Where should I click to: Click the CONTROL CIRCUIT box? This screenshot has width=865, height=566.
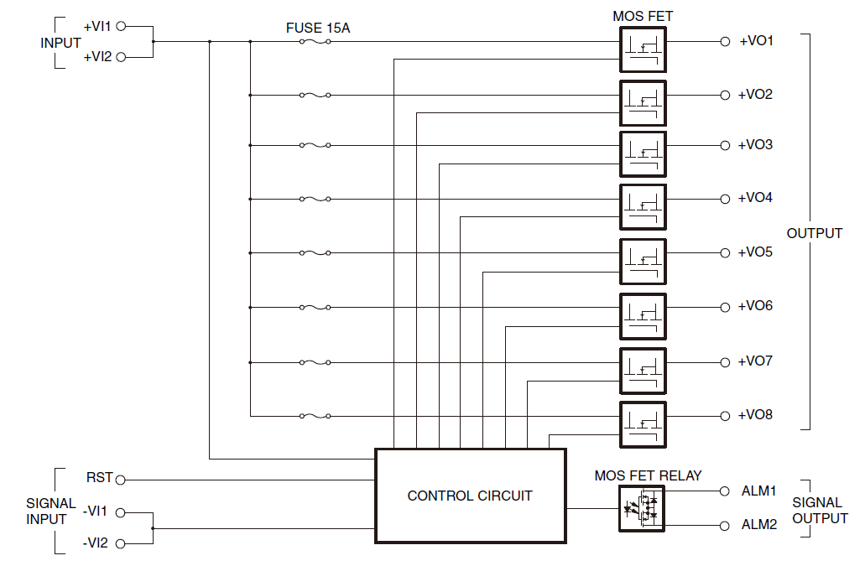470,496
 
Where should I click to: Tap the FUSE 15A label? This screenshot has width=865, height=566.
318,29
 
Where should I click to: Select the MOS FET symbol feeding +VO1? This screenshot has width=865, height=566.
643,50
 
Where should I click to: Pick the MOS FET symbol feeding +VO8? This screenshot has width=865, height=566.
643,424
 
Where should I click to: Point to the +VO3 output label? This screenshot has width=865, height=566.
755,145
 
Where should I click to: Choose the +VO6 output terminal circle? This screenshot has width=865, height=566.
725,307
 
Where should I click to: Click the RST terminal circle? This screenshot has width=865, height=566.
120,480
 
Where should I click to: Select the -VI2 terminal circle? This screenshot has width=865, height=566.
120,544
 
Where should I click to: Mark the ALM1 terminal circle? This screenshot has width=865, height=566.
725,491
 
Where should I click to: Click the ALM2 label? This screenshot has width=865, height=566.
759,525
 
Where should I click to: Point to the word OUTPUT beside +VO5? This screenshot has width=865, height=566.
814,233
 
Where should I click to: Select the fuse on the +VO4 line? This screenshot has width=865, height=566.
315,200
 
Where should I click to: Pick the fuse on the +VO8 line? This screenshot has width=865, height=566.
315,416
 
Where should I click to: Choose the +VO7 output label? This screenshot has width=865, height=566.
755,361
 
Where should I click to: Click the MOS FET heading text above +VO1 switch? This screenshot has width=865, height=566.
643,16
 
